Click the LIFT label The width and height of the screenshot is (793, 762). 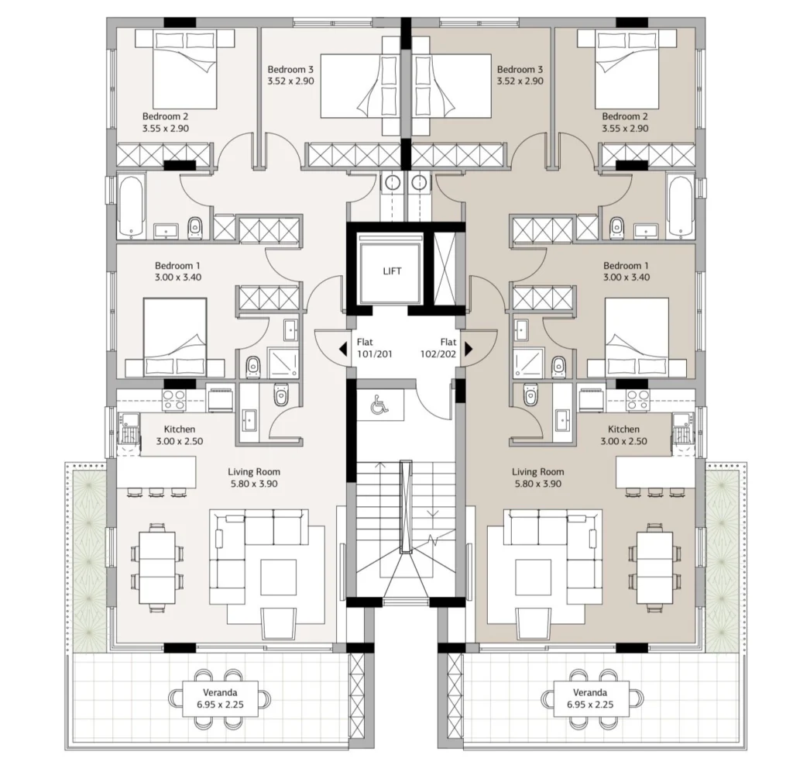[x=392, y=271]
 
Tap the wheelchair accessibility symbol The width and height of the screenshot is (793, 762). [x=378, y=405]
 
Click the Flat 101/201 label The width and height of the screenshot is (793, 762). [x=374, y=348]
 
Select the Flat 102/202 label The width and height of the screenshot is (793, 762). [x=438, y=348]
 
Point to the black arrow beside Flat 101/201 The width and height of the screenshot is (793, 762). [x=343, y=349]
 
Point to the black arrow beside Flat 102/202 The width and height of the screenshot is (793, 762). [x=469, y=349]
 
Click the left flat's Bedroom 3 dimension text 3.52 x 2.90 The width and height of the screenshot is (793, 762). [x=291, y=81]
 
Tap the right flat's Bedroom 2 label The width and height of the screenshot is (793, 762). [x=625, y=116]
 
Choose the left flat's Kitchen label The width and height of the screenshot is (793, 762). [x=180, y=429]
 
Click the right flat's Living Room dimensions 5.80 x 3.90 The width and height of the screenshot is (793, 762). [x=538, y=484]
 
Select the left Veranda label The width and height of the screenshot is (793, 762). [x=220, y=692]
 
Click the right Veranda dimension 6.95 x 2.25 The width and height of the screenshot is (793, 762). [x=590, y=705]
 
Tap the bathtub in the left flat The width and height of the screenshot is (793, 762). [x=131, y=206]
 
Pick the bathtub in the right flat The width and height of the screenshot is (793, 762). [x=680, y=206]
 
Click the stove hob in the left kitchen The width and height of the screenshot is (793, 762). [x=174, y=400]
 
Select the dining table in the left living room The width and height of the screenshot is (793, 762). [x=157, y=567]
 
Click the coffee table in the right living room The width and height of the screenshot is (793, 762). [x=533, y=577]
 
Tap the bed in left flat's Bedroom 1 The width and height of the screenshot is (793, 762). [x=175, y=337]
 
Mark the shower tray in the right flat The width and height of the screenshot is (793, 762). [x=529, y=363]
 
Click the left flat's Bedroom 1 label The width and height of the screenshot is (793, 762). [x=177, y=266]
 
